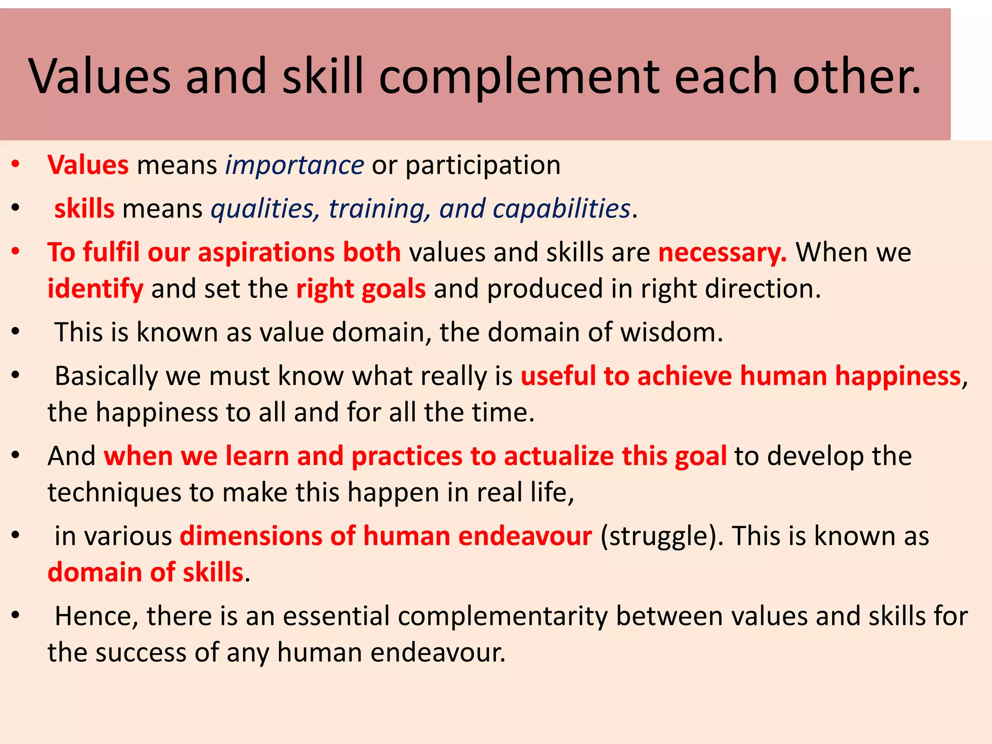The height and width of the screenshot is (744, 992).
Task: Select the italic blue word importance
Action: [294, 165]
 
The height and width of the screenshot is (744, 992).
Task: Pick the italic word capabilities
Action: [561, 209]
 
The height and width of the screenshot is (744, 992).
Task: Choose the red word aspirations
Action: [266, 253]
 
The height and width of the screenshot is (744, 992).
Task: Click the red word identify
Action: [95, 289]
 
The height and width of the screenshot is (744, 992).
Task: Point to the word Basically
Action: [106, 376]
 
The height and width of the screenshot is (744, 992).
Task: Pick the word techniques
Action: [114, 493]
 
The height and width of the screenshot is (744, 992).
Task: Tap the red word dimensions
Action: [251, 536]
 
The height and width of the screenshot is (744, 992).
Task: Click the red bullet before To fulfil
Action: [15, 252]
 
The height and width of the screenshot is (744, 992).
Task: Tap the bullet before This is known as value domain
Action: [15, 332]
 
